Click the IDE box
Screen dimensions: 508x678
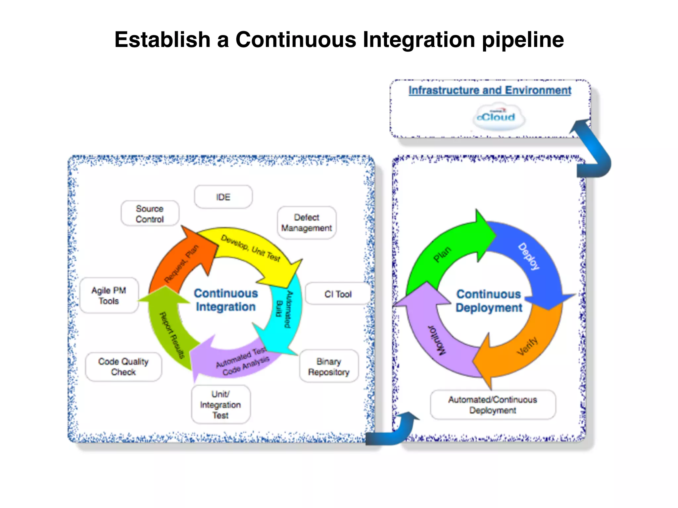tap(223, 197)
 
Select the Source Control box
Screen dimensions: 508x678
tap(150, 214)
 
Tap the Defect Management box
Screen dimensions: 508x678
tap(307, 223)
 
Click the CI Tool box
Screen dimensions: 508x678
tap(338, 294)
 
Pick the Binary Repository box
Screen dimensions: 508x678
tap(329, 366)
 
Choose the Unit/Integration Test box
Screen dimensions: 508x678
tap(220, 404)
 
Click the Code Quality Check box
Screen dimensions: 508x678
tap(123, 367)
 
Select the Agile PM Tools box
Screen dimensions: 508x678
tap(109, 296)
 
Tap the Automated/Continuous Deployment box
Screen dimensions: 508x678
tap(493, 405)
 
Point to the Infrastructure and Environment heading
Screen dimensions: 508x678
tap(490, 90)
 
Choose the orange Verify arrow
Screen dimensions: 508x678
tap(526, 347)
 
